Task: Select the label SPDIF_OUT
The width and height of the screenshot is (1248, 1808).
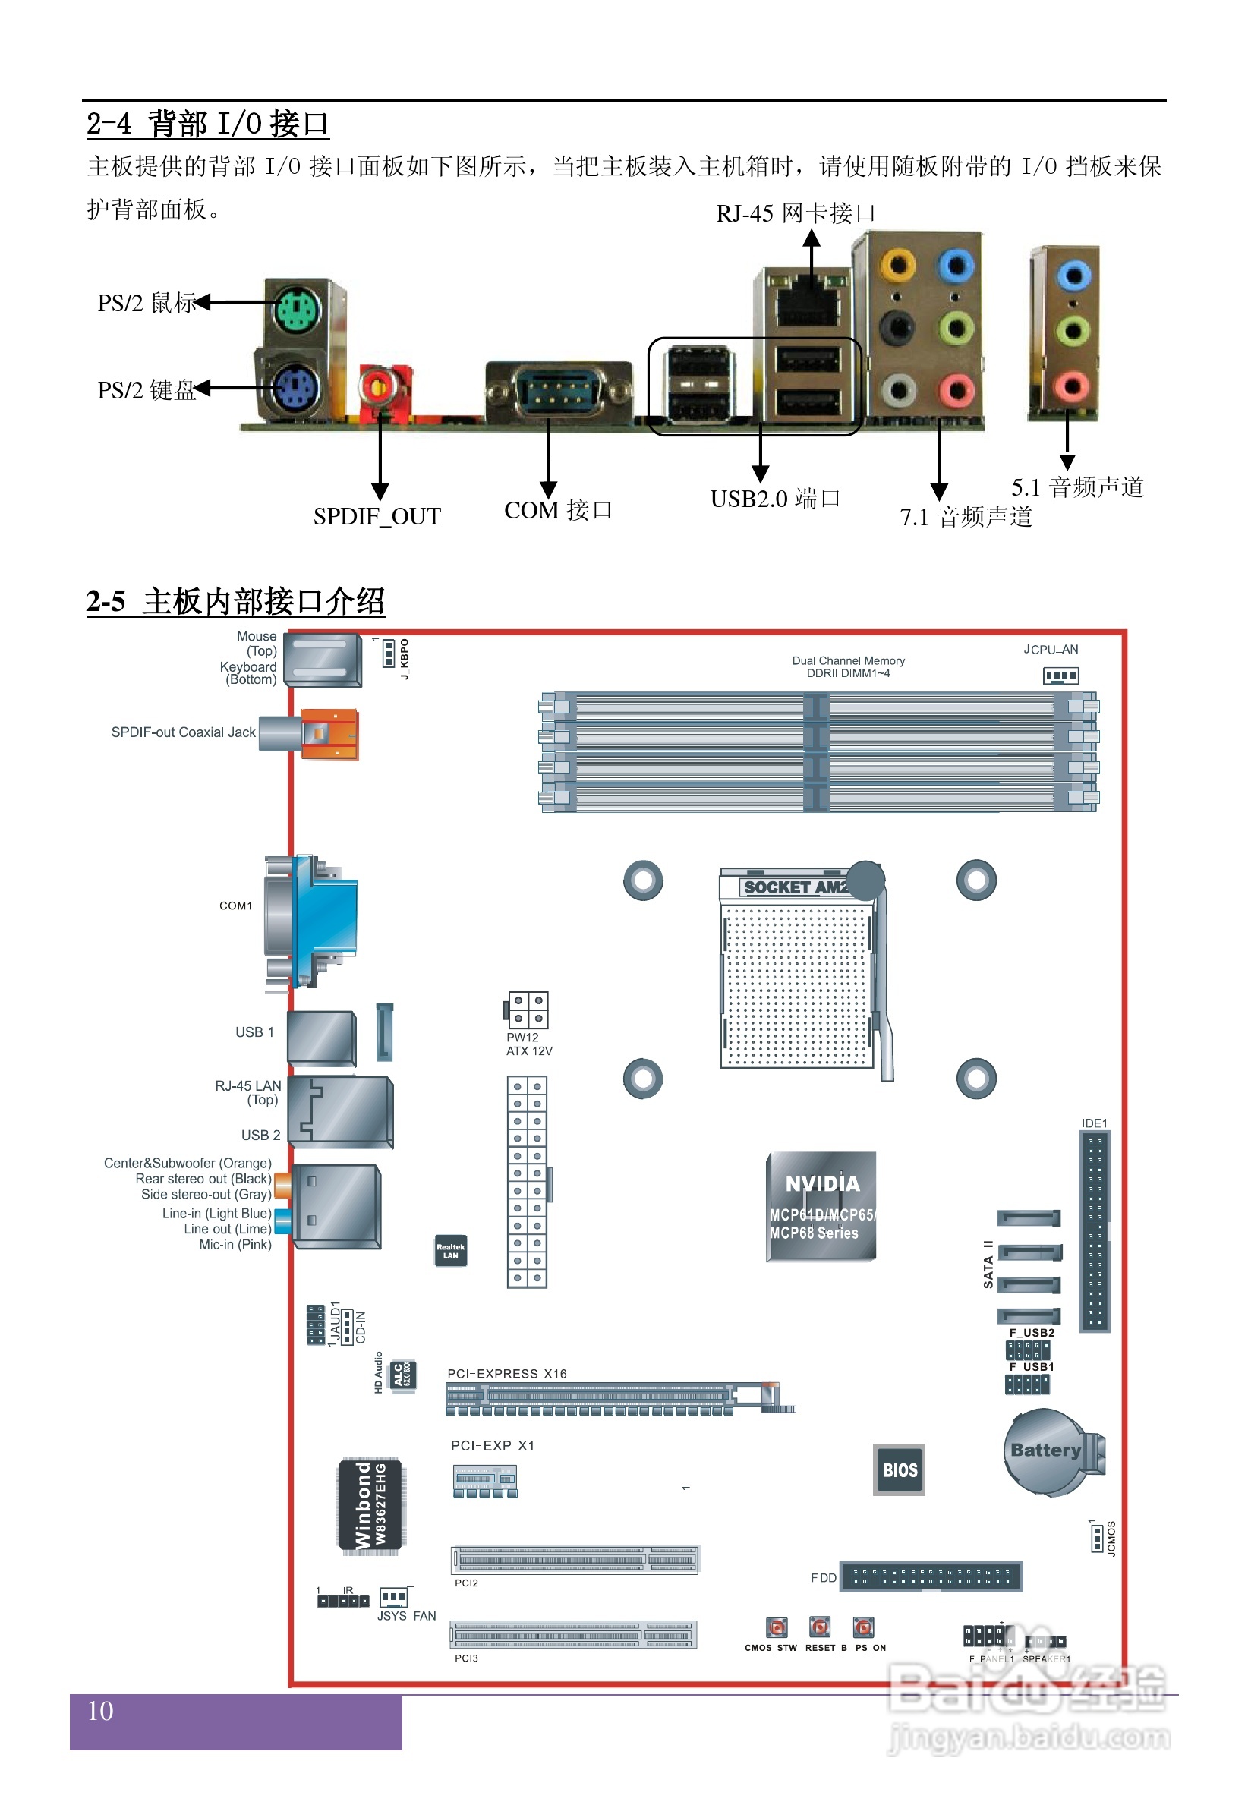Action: point(377,517)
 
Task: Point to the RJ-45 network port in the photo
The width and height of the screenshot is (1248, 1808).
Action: point(808,304)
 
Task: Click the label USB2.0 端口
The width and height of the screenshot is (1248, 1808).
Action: point(775,499)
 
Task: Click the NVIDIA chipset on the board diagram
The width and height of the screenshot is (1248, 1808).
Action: point(821,1206)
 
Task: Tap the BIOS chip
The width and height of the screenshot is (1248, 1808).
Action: point(900,1469)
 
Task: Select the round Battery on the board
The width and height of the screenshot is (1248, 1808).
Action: point(1046,1450)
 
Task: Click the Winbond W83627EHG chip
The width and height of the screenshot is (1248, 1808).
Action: point(370,1504)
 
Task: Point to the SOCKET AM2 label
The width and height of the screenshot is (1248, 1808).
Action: point(795,887)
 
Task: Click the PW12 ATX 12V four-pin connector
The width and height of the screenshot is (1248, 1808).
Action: point(528,1010)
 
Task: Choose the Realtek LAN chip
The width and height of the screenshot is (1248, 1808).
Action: point(450,1251)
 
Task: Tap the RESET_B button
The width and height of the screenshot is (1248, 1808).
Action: point(820,1627)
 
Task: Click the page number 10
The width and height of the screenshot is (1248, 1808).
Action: point(100,1711)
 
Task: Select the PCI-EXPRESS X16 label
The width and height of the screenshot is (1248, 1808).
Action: point(506,1373)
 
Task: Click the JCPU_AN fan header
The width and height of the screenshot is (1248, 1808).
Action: point(1060,675)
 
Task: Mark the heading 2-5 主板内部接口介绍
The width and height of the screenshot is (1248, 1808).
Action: point(235,602)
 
